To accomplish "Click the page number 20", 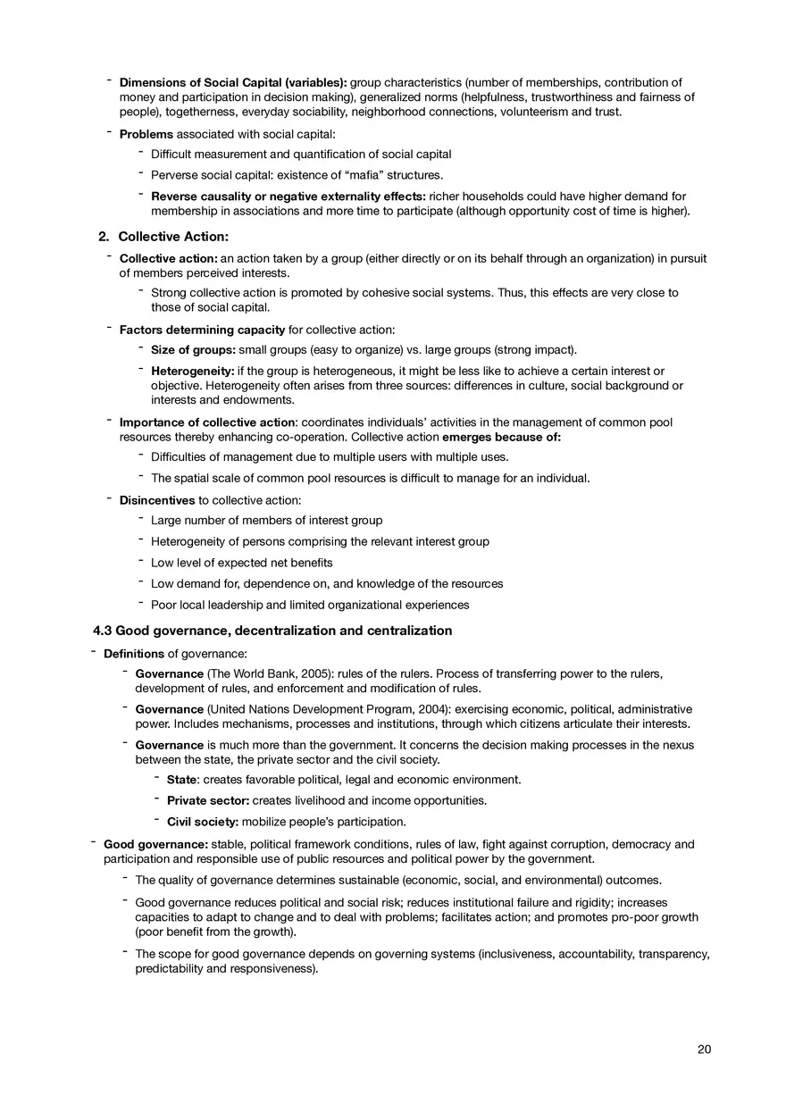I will coord(704,1049).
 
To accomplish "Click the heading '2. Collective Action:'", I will coord(163,237).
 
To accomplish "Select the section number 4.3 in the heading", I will coord(103,631).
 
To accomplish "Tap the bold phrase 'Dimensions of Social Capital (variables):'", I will coord(233,83).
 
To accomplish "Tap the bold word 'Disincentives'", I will coord(157,500).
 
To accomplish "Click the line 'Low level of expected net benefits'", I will coord(242,563).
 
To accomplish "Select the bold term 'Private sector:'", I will coord(207,801).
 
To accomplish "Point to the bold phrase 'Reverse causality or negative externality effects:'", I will coord(288,196).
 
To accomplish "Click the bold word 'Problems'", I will coord(146,134).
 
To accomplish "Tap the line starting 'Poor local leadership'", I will coord(310,605).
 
